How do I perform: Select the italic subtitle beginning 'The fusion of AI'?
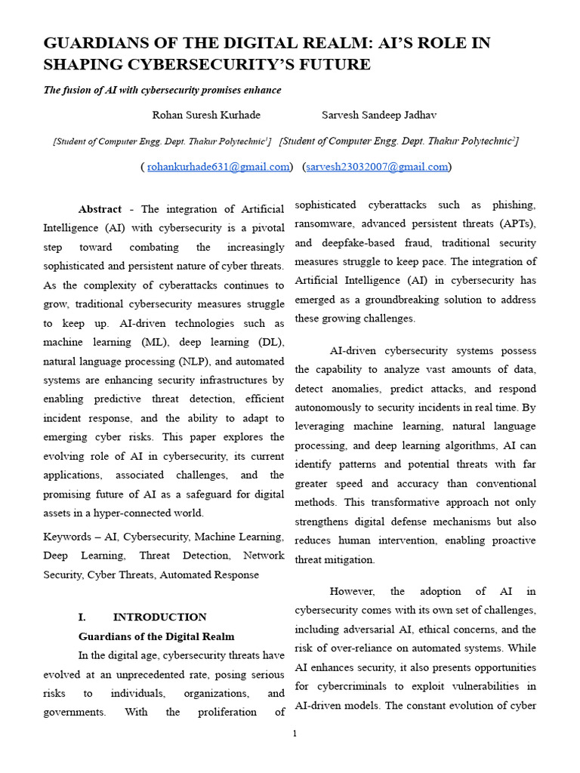coord(162,90)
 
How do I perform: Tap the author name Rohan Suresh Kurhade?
coord(206,115)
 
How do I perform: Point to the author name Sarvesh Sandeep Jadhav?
coord(379,115)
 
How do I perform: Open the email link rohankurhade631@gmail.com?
coord(217,167)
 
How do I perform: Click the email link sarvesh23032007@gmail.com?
coord(377,167)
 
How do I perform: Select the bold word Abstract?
coord(100,209)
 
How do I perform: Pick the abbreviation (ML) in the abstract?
coord(157,342)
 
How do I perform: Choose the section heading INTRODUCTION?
coord(159,617)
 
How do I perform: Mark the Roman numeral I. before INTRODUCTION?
coord(84,617)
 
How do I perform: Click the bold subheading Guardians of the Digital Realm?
coord(156,636)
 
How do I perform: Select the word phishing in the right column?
coord(514,205)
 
